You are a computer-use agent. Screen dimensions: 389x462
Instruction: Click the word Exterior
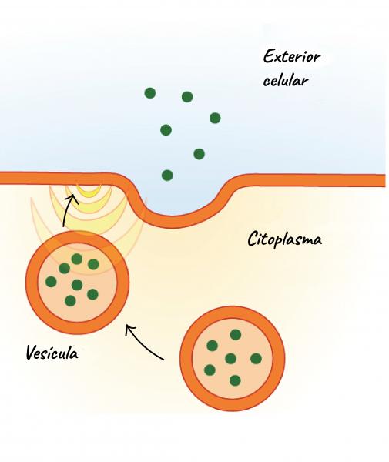click(291, 56)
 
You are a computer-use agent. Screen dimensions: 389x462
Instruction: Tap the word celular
click(285, 80)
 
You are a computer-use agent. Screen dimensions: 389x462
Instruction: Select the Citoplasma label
click(284, 239)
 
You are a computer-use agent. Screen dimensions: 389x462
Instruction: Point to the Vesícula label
click(52, 352)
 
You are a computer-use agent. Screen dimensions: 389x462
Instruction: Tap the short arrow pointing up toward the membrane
click(68, 211)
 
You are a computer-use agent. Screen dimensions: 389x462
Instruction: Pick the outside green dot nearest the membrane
click(167, 176)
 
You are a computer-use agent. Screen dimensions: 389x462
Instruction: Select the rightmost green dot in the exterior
click(215, 118)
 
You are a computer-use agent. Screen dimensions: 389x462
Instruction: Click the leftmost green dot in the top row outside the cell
click(150, 93)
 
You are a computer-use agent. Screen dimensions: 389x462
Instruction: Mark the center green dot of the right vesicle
click(230, 359)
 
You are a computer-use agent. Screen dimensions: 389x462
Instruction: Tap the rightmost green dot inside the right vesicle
click(256, 359)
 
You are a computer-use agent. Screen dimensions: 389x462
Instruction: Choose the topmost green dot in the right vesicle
click(236, 335)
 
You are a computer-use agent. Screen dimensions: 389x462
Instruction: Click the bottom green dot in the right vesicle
click(235, 380)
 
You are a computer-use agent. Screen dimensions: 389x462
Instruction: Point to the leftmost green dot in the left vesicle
click(51, 282)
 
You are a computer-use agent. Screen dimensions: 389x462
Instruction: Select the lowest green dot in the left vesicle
click(70, 301)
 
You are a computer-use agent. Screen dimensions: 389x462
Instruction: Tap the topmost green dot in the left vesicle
click(77, 259)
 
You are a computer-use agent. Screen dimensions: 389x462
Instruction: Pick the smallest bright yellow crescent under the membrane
click(89, 191)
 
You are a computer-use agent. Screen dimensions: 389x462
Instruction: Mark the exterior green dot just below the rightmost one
click(200, 154)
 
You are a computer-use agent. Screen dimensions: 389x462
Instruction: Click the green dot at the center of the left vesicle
click(77, 285)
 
